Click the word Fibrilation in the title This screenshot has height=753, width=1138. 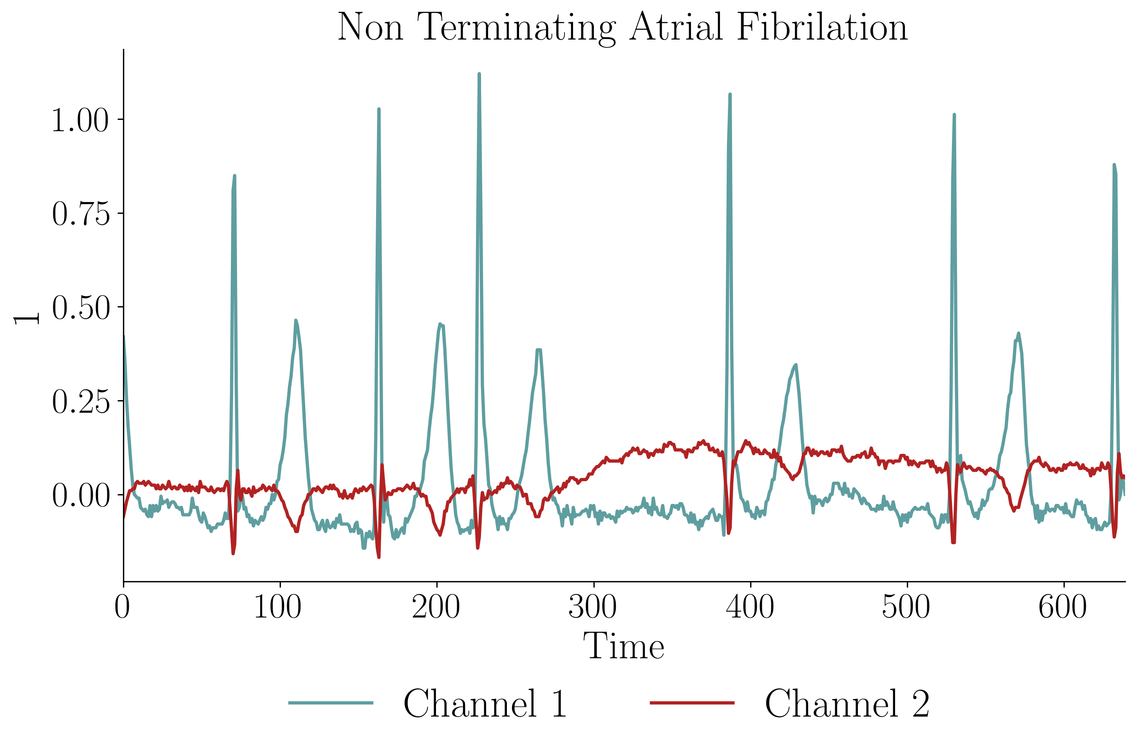point(821,27)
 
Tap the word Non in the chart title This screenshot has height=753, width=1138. point(370,27)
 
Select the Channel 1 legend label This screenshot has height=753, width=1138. point(485,704)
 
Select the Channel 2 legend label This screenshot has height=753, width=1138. point(847,704)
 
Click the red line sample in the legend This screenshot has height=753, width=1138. point(692,703)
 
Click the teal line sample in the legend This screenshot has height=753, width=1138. point(331,703)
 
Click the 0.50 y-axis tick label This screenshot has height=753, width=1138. point(80,307)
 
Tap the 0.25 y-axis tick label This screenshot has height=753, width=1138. point(80,401)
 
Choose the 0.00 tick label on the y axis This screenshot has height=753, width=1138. point(80,495)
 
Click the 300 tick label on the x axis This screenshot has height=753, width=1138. point(592,607)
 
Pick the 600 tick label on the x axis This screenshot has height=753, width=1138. point(1062,607)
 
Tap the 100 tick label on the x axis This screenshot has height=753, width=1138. point(278,607)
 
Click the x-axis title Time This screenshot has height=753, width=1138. point(624,646)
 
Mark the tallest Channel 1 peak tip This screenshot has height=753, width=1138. point(479,74)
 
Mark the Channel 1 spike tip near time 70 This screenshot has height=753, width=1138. point(234,176)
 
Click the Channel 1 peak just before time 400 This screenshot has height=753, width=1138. point(730,95)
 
